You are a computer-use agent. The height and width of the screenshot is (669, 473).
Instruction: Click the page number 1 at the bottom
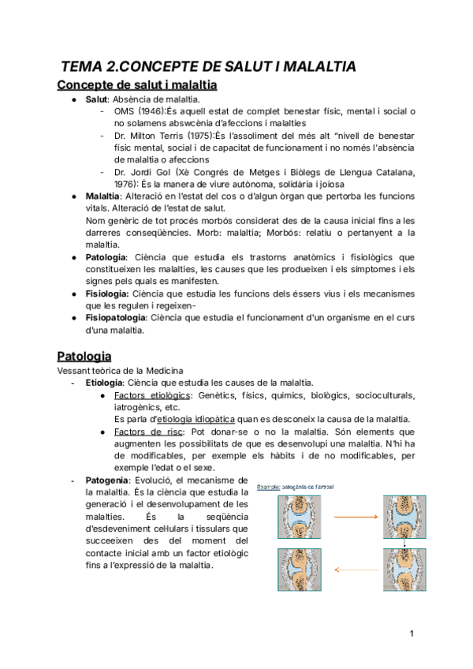(412, 633)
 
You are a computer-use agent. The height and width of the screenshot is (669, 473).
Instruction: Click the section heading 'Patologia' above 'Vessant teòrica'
(84, 356)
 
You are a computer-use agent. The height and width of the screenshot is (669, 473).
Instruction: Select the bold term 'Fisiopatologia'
(116, 317)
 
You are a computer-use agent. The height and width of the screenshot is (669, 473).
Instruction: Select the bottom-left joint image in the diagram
(297, 568)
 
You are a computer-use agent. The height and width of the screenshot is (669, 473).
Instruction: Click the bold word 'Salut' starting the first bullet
(97, 100)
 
